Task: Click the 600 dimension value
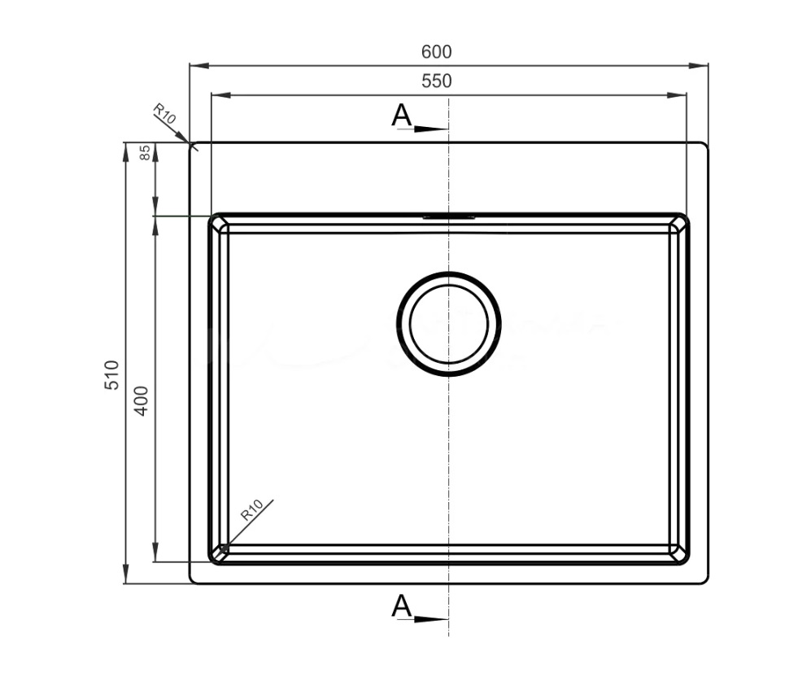437,52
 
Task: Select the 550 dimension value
437,81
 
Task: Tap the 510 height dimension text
112,375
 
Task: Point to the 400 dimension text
142,401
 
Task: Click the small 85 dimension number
146,153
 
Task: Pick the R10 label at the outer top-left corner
164,114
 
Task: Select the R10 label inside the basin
252,510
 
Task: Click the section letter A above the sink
401,115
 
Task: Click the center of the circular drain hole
449,324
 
